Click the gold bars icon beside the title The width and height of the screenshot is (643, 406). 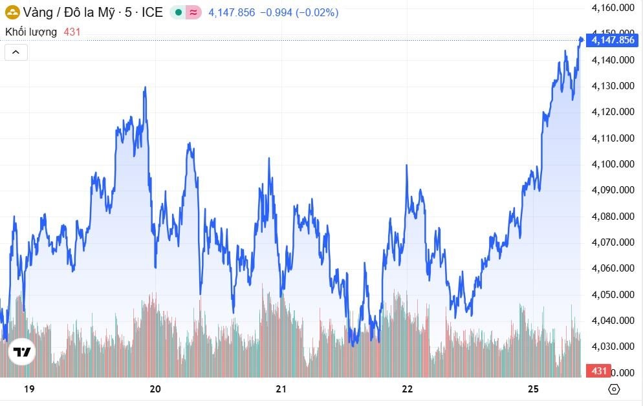(12, 12)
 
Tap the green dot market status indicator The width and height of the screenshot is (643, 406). (179, 12)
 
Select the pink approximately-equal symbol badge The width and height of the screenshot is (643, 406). (193, 12)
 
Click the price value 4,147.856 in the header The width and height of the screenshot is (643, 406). (232, 12)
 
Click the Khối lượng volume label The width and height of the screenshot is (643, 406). (31, 31)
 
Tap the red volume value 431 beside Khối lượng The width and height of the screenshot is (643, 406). (72, 31)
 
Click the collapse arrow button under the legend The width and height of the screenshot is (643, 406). (16, 52)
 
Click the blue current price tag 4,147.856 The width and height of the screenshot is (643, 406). (613, 40)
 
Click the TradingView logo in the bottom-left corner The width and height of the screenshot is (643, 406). (22, 352)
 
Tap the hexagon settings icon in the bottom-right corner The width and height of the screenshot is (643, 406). (614, 389)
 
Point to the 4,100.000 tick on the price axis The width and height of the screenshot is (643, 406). (613, 164)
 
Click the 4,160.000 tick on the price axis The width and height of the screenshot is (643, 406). (613, 8)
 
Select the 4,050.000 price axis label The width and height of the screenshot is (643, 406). (613, 295)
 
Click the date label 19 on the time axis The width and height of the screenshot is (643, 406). (28, 389)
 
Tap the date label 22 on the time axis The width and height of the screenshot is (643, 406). (407, 389)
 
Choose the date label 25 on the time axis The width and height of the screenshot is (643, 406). (533, 389)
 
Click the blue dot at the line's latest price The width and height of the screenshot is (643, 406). (581, 39)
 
